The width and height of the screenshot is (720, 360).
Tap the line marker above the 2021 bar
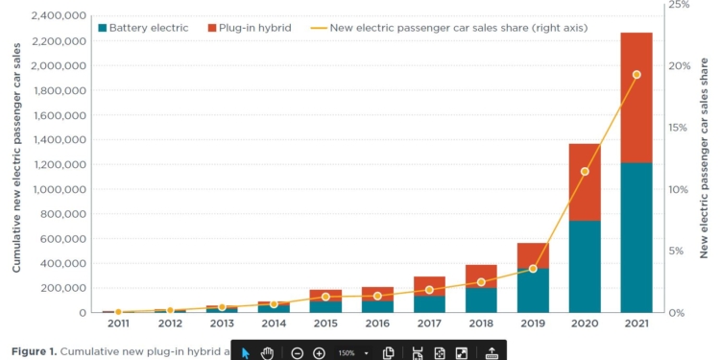coord(636,75)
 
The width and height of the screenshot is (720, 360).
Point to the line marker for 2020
coord(584,172)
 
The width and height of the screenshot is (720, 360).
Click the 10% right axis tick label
coord(678,189)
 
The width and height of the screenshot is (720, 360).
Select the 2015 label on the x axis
coord(324,324)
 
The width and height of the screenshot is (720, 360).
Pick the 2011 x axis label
coord(118,324)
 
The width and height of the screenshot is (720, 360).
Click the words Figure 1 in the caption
coord(34,351)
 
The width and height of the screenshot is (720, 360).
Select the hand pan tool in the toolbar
coord(268,352)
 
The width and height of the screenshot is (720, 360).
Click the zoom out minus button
coord(297,352)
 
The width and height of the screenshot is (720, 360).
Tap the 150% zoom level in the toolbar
coord(346,352)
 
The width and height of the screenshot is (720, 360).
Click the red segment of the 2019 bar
coord(532,255)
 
